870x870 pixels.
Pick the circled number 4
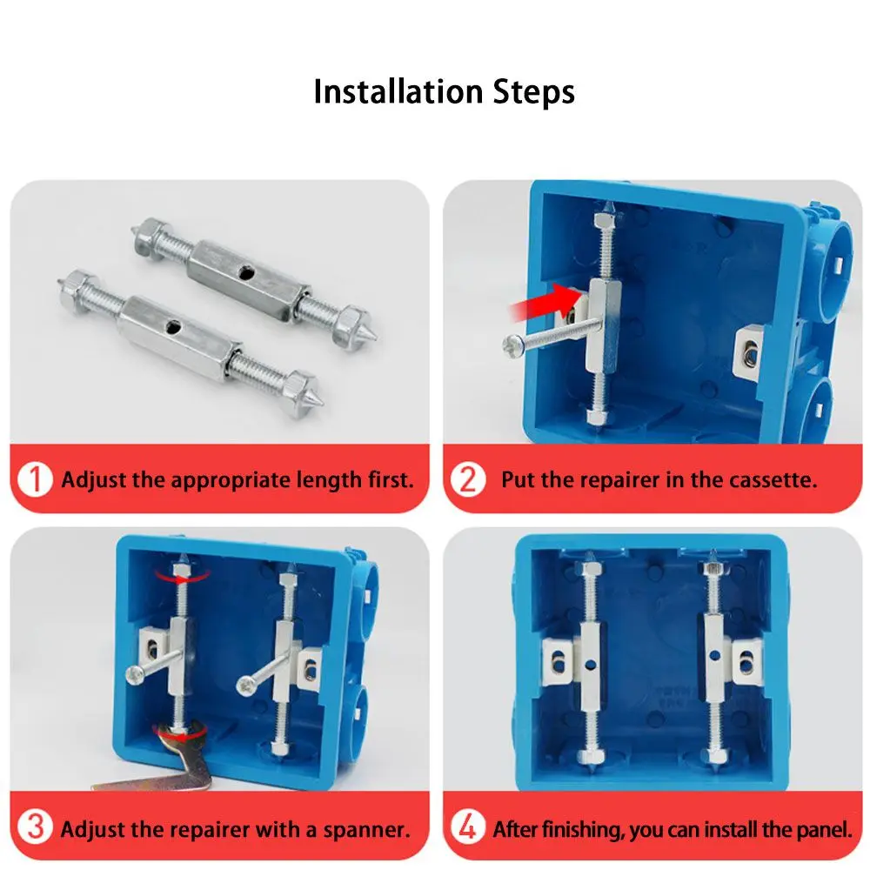click(468, 827)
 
